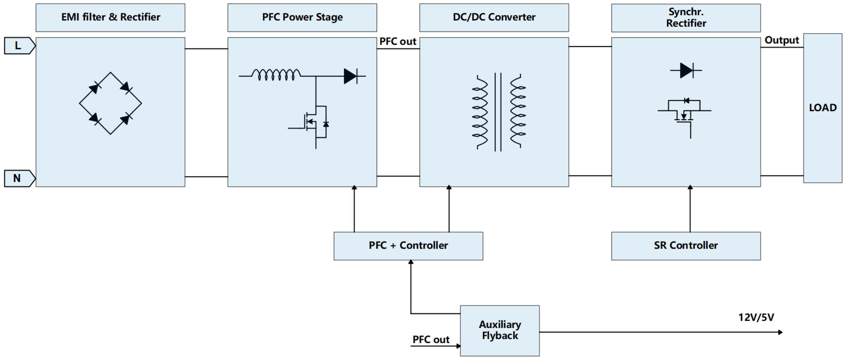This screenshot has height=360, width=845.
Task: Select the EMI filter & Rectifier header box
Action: [x=111, y=17]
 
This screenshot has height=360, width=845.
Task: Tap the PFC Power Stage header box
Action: [x=302, y=17]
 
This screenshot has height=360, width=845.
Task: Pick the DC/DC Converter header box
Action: [x=494, y=17]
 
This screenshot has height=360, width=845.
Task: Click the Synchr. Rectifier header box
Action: [x=686, y=18]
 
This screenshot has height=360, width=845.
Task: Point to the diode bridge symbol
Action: [x=111, y=103]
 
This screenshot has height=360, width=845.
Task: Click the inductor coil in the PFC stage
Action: [x=276, y=75]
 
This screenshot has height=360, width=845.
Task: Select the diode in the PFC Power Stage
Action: [x=350, y=76]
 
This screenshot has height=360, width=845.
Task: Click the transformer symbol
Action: [x=498, y=112]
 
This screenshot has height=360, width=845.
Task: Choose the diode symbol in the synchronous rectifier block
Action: [x=686, y=71]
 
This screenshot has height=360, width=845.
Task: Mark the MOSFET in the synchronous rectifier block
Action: [x=684, y=114]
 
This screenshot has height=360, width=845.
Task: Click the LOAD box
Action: [x=823, y=108]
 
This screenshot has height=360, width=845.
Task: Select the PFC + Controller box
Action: [x=408, y=246]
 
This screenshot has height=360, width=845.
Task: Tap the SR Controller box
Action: [x=686, y=246]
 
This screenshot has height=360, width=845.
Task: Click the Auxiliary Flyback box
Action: [x=500, y=330]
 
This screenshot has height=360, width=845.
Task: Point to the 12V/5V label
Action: [x=756, y=317]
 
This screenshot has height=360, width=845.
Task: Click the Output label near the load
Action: [x=781, y=40]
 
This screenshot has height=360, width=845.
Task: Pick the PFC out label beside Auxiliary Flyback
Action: [x=431, y=339]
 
